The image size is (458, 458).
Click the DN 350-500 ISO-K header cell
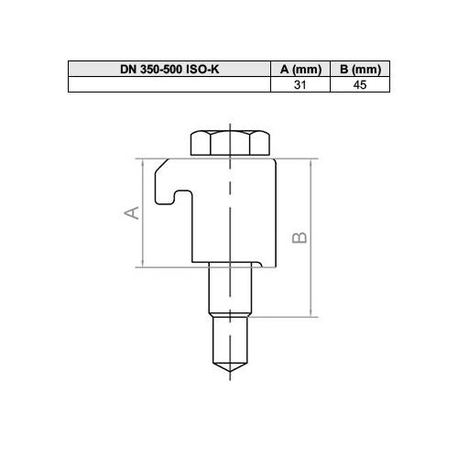pos(169,69)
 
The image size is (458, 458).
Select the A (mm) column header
pos(300,69)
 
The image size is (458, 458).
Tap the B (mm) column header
pos(360,69)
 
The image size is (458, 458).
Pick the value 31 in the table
pos(300,84)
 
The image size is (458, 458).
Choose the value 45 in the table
pos(360,84)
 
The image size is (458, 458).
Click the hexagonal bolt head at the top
pos(230,143)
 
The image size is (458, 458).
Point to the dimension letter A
pos(132,213)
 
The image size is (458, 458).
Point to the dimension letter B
pos(300,237)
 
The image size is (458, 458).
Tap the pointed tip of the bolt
pos(230,372)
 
